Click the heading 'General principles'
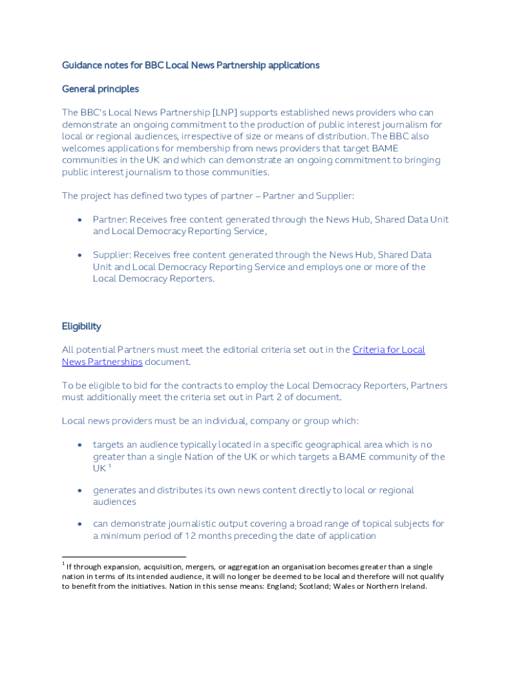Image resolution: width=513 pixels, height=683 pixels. (100, 89)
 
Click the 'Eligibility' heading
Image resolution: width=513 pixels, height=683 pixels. (81, 326)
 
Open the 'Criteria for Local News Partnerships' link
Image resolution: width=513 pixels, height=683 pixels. (388, 350)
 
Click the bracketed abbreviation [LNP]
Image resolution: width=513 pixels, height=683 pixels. (225, 113)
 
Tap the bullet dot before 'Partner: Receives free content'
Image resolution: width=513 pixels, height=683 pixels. (80, 219)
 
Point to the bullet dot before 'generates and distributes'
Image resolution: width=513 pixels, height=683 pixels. (80, 490)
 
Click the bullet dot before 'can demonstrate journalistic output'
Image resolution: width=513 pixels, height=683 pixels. (80, 524)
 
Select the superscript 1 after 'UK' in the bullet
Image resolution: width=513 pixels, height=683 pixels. (109, 467)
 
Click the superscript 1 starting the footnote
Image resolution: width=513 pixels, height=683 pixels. (63, 565)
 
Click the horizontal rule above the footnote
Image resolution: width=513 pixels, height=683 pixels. (124, 556)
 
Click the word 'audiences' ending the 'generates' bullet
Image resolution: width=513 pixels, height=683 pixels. (115, 502)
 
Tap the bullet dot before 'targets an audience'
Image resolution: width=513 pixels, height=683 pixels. (80, 445)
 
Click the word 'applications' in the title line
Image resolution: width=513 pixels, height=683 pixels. (294, 65)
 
